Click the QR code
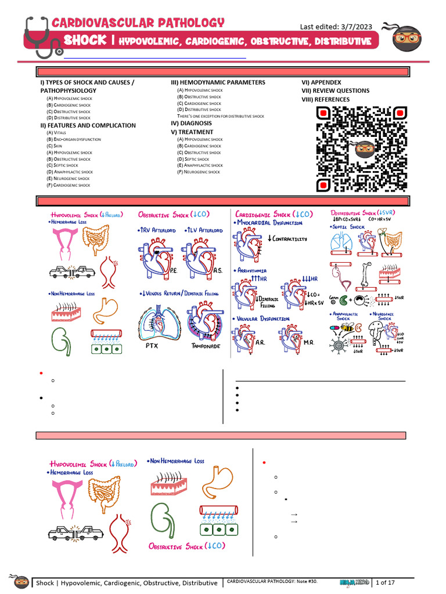pyautogui.click(x=361, y=148)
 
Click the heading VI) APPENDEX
pyautogui.click(x=321, y=82)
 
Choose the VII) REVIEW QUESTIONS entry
pyautogui.click(x=335, y=90)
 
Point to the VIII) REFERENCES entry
pyautogui.click(x=325, y=99)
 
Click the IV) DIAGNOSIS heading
pyautogui.click(x=191, y=123)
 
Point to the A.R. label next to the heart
pyautogui.click(x=261, y=342)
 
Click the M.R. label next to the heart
pyautogui.click(x=309, y=342)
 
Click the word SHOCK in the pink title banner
pyautogui.click(x=85, y=41)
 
